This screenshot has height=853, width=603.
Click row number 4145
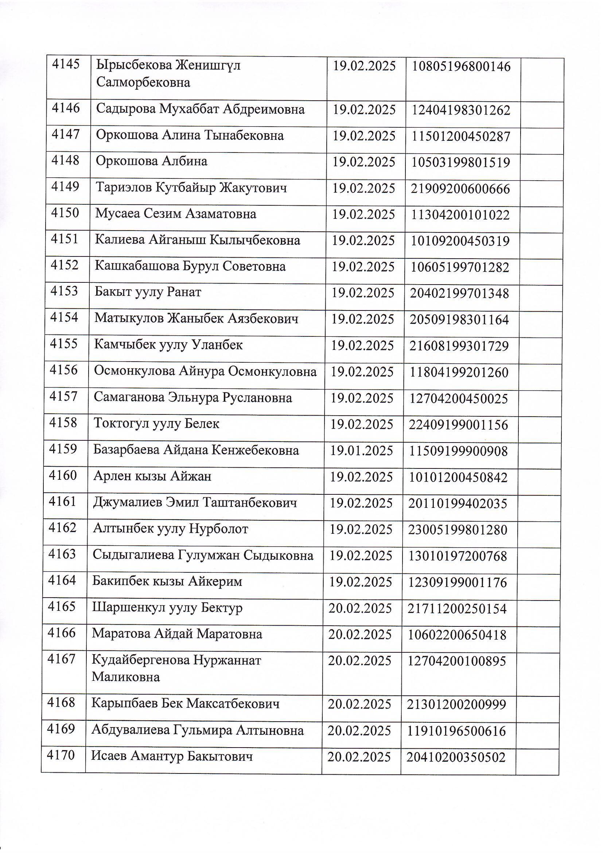coord(66,65)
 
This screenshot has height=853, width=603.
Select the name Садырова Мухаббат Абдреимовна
coord(200,109)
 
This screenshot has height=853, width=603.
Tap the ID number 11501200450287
coord(461,136)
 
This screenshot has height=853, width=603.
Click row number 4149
coord(65,186)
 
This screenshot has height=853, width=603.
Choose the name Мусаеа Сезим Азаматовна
coord(176,214)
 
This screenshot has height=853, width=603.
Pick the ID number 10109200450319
coord(460,242)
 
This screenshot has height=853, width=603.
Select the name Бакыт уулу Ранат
coord(148,292)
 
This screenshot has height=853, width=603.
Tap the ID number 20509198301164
coord(459,320)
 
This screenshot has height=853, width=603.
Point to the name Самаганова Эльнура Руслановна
coord(193,398)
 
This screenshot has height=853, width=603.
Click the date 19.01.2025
coord(362,451)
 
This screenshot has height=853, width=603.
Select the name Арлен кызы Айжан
coord(152,476)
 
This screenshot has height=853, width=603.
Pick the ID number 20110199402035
coord(458,504)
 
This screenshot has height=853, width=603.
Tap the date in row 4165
coord(360,609)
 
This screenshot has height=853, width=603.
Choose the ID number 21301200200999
coord(457,705)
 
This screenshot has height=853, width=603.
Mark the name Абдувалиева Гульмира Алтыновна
coord(198,731)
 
